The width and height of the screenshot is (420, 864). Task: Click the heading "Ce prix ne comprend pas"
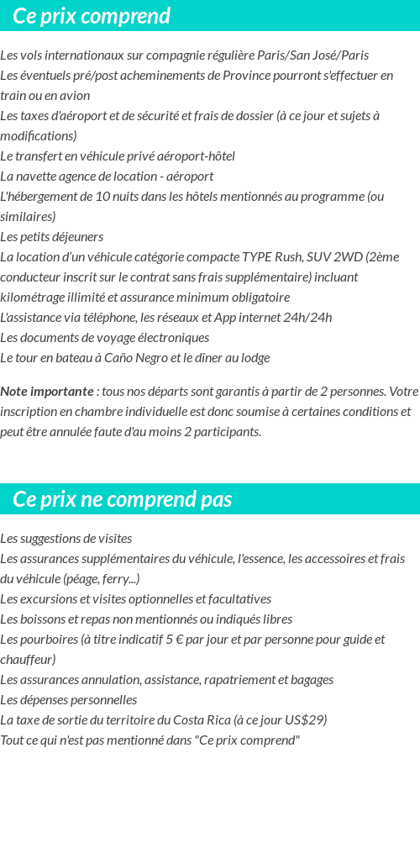click(123, 499)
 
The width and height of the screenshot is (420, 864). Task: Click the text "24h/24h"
click(308, 318)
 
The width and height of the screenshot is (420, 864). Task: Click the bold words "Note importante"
click(47, 392)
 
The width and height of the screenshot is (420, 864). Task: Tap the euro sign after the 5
click(181, 640)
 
